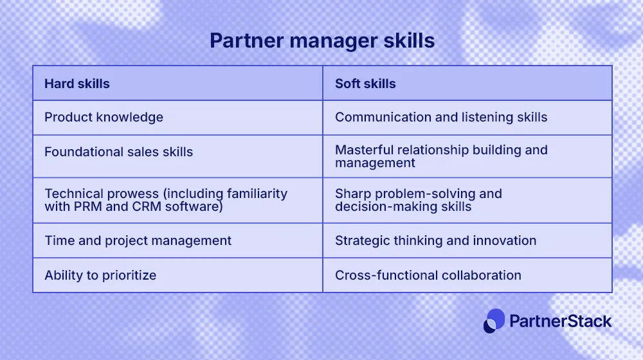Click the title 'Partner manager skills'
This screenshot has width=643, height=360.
[321, 41]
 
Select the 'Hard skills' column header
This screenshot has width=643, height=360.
[77, 84]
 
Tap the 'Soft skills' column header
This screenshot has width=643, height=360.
[365, 84]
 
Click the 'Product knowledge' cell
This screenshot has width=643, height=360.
[104, 117]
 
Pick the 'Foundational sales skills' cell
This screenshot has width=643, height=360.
[118, 152]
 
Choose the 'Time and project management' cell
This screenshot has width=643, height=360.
[138, 240]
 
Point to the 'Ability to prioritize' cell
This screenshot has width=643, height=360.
[100, 275]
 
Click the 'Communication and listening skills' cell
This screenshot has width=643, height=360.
[441, 117]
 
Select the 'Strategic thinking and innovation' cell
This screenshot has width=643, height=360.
[435, 240]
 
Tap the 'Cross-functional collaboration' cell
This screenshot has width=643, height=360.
[428, 275]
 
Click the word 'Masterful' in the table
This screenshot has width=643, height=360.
[364, 150]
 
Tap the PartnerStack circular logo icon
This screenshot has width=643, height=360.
[494, 321]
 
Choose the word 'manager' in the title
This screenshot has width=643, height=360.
[329, 41]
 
